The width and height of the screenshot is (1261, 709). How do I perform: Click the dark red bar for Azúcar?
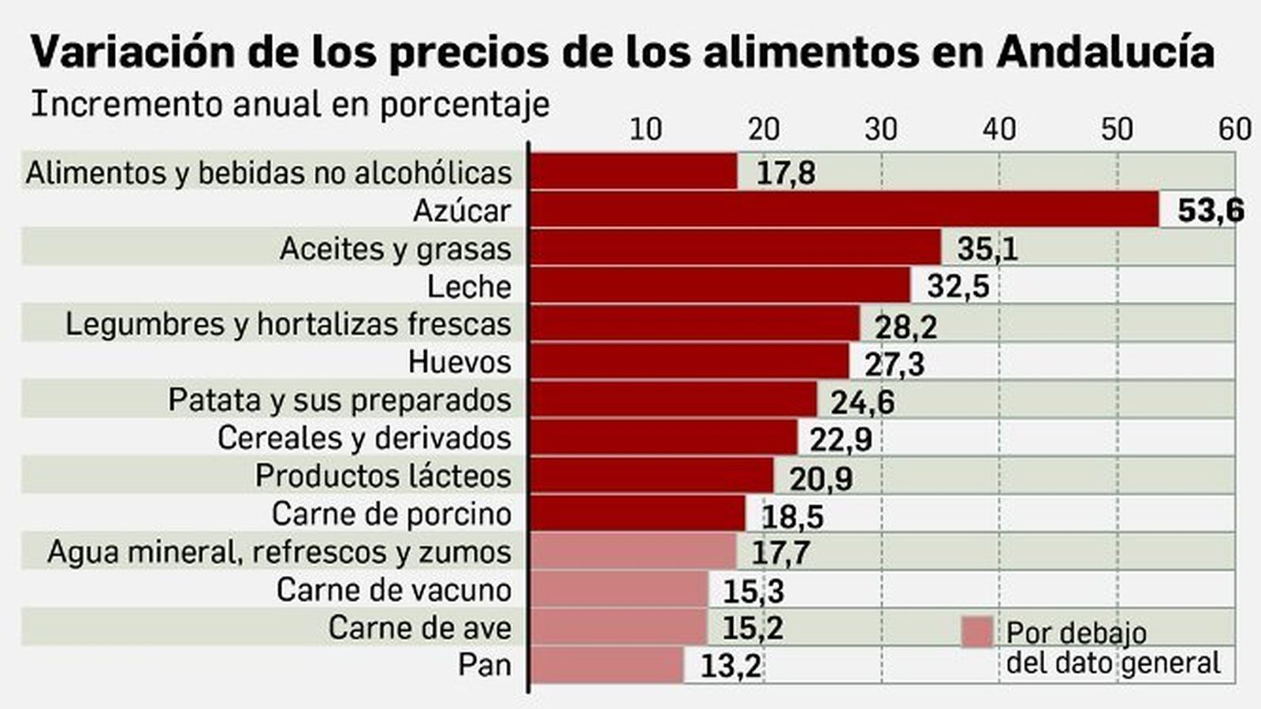tap(843, 210)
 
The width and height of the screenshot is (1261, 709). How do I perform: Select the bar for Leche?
tap(719, 285)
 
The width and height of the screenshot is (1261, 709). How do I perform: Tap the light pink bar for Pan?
tap(605, 665)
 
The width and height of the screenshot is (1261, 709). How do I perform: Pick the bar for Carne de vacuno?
tap(618, 589)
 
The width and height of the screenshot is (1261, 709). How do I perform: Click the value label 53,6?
tap(1210, 210)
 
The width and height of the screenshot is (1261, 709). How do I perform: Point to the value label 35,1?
tap(987, 249)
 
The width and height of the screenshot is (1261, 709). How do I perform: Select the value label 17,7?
tap(780, 552)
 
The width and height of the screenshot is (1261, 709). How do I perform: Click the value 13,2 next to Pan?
tap(731, 666)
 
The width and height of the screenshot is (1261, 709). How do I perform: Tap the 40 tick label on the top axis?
tap(999, 128)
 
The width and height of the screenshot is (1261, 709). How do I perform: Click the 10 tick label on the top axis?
tap(645, 128)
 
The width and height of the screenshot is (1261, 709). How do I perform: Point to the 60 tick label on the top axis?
tap(1234, 128)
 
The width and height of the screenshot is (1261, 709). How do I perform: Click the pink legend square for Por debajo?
tap(977, 632)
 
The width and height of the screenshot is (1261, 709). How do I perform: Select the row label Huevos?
tap(459, 362)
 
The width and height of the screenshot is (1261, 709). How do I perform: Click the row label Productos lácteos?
tap(383, 476)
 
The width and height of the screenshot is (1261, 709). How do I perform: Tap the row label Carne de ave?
tap(419, 628)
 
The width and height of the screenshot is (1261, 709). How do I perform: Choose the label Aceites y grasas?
tap(396, 249)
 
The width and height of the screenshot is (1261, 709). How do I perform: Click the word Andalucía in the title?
tap(1104, 52)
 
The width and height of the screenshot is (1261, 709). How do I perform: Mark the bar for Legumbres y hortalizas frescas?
tap(694, 323)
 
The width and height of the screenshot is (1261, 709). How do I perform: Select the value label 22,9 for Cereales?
tap(840, 439)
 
